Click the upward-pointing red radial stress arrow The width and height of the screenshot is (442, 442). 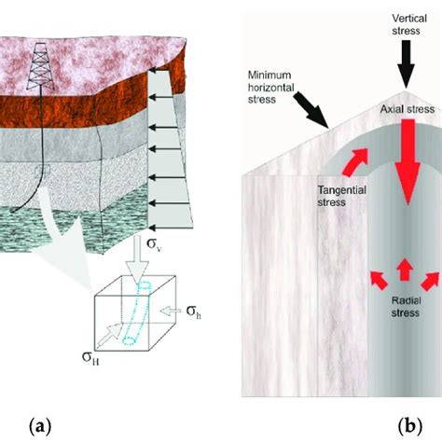(x=404, y=270)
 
